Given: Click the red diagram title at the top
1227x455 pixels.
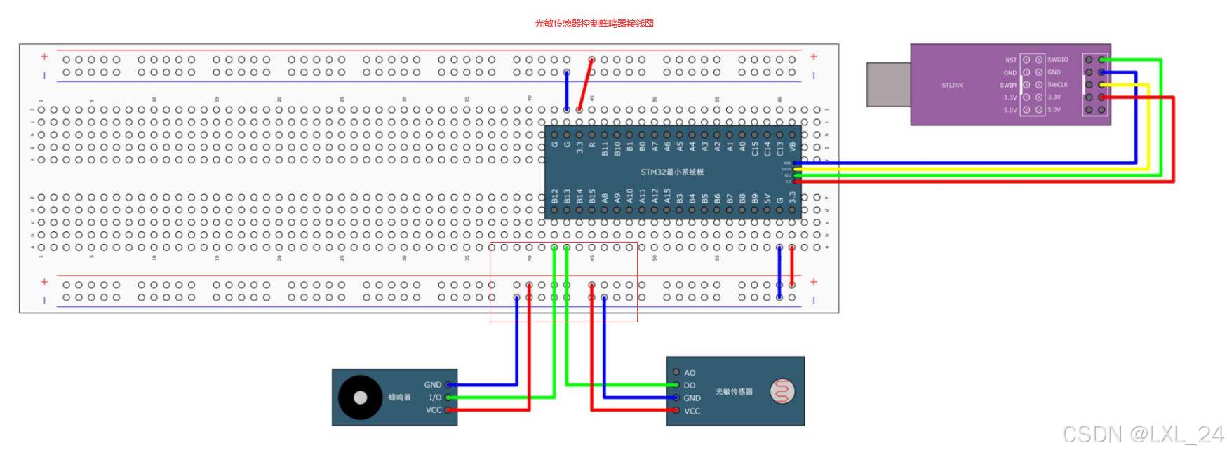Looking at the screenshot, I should click(594, 23).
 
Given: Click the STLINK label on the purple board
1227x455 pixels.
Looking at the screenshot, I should click(952, 86).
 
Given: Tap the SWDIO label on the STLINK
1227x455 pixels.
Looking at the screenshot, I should click(1057, 60).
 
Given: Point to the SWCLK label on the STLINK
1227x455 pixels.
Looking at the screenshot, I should click(1057, 85).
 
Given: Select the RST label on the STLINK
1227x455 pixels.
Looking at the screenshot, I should click(1010, 60).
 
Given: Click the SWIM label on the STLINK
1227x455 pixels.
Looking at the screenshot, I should click(1008, 85).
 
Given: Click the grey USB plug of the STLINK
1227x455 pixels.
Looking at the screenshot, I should click(888, 85).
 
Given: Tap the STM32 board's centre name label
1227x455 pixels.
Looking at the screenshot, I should click(671, 172).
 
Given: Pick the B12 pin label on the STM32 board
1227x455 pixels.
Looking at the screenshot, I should click(555, 196).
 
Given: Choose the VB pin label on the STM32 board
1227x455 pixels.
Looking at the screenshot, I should click(792, 147).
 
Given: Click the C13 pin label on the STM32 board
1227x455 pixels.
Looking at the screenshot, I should click(779, 148).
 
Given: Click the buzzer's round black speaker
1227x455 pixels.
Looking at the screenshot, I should click(360, 398).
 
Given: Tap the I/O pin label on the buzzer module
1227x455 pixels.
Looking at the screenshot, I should click(435, 398).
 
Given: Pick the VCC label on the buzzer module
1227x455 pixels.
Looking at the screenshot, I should click(434, 410).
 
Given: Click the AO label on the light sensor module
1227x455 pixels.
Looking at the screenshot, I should click(690, 373).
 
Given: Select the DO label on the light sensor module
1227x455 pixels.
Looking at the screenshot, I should click(690, 386).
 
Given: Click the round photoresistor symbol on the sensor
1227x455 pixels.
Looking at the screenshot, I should click(782, 391).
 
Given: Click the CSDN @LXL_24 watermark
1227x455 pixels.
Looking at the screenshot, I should click(1143, 435).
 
